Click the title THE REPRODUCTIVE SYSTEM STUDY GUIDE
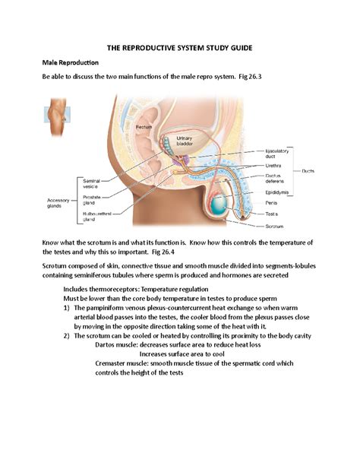point(179,48)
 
